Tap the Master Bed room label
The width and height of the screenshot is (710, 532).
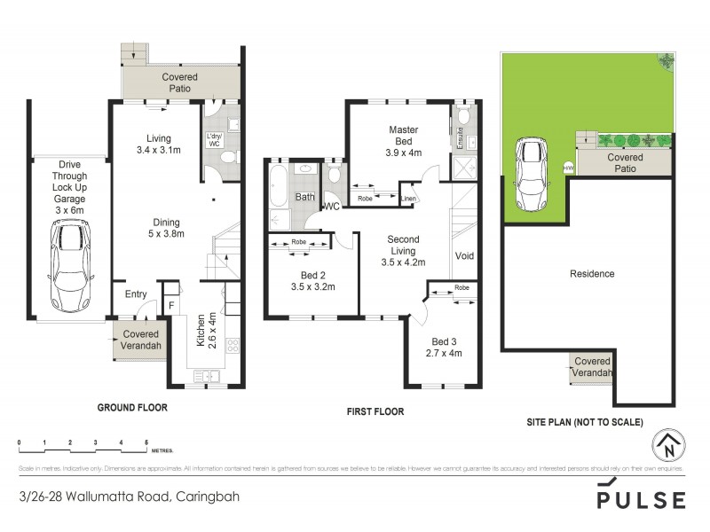tap(404, 141)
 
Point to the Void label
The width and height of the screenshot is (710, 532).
tap(464, 256)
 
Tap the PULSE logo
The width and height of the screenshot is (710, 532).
tap(641, 496)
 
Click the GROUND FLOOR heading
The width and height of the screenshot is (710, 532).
tap(131, 408)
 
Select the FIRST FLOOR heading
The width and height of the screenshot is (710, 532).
tap(375, 411)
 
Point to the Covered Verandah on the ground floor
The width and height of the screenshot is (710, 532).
tap(138, 340)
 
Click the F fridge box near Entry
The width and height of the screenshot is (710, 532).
tap(171, 306)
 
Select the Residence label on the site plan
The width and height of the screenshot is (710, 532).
tap(591, 274)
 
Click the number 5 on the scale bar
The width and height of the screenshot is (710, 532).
tap(146, 441)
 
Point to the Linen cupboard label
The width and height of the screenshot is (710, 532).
tap(409, 199)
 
